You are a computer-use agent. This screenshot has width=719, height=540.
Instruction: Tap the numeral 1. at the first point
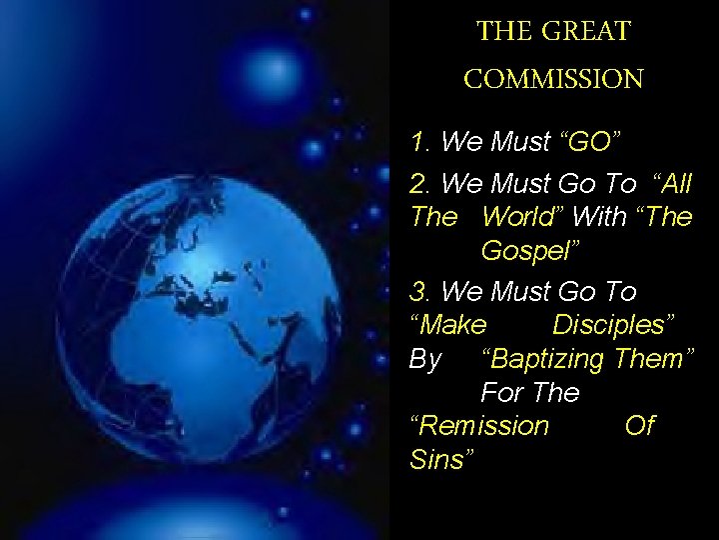click(x=420, y=143)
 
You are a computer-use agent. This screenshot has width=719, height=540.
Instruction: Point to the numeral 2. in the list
click(x=420, y=183)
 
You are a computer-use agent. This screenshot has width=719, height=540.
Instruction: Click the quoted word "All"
click(x=671, y=183)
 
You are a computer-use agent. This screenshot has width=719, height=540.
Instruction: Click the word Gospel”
click(x=525, y=251)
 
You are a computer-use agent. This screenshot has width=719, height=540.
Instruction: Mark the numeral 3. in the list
click(x=420, y=291)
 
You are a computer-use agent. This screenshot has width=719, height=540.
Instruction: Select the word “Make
click(x=448, y=325)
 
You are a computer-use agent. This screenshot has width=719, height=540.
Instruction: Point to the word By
click(x=425, y=359)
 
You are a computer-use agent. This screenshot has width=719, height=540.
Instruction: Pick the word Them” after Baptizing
click(x=659, y=359)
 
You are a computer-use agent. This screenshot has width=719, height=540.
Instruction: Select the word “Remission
click(x=480, y=427)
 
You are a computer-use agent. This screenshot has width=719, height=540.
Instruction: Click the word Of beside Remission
click(x=639, y=427)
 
